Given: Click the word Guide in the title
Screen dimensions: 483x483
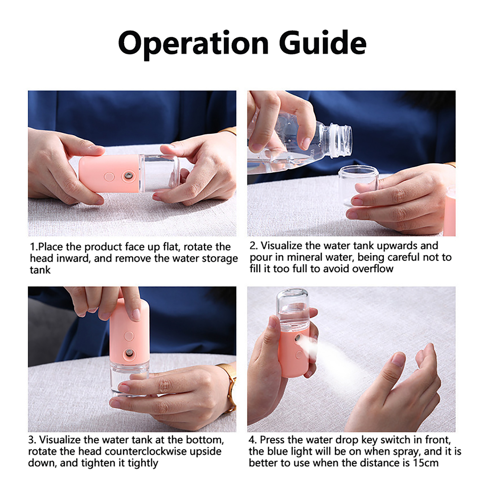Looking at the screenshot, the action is click(x=323, y=42).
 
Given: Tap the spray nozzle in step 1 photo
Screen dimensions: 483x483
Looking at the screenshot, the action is click(x=129, y=175).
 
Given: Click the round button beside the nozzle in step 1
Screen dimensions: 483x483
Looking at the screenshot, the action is click(x=109, y=177).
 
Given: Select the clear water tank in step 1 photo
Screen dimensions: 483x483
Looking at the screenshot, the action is click(x=159, y=173).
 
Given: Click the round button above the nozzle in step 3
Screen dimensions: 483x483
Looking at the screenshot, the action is click(x=129, y=336).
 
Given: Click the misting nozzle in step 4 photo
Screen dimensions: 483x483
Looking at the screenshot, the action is click(x=299, y=339).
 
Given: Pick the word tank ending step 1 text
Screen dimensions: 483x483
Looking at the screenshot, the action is click(x=40, y=270).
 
